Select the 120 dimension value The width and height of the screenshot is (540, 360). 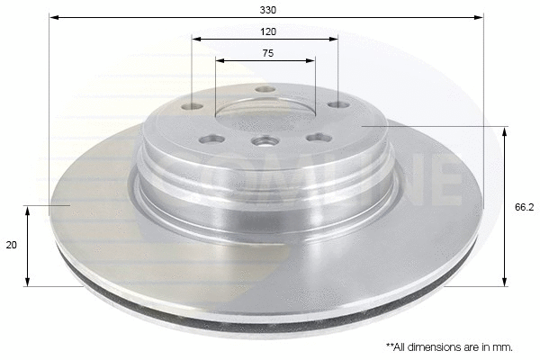pos(267,31)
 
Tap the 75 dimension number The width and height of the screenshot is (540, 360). pos(267,53)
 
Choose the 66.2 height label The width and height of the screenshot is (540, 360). pos(525,206)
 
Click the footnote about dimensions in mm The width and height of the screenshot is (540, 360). pos(448,346)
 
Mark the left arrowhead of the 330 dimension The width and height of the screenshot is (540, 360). pos(53,17)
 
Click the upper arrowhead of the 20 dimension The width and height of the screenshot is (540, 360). pos(29,210)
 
